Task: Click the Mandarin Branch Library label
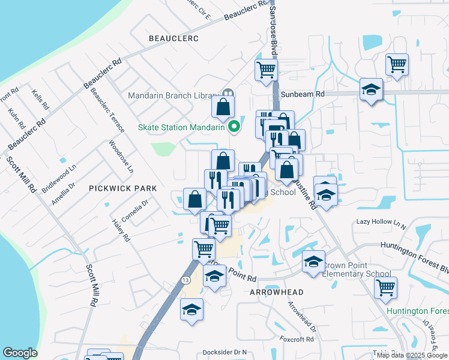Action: [x=173, y=95]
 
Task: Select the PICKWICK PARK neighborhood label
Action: [x=122, y=188]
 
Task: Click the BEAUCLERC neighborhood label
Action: [x=173, y=38]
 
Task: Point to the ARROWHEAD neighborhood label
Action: [x=277, y=292]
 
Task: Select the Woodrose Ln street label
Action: [x=121, y=157]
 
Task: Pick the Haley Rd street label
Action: [x=121, y=230]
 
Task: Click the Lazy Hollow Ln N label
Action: [x=381, y=222]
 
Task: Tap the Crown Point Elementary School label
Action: [x=358, y=269]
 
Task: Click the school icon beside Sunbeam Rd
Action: [x=371, y=90]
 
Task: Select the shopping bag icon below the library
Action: [x=223, y=107]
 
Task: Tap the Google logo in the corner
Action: [x=20, y=353]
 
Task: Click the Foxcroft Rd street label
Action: [x=297, y=339]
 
